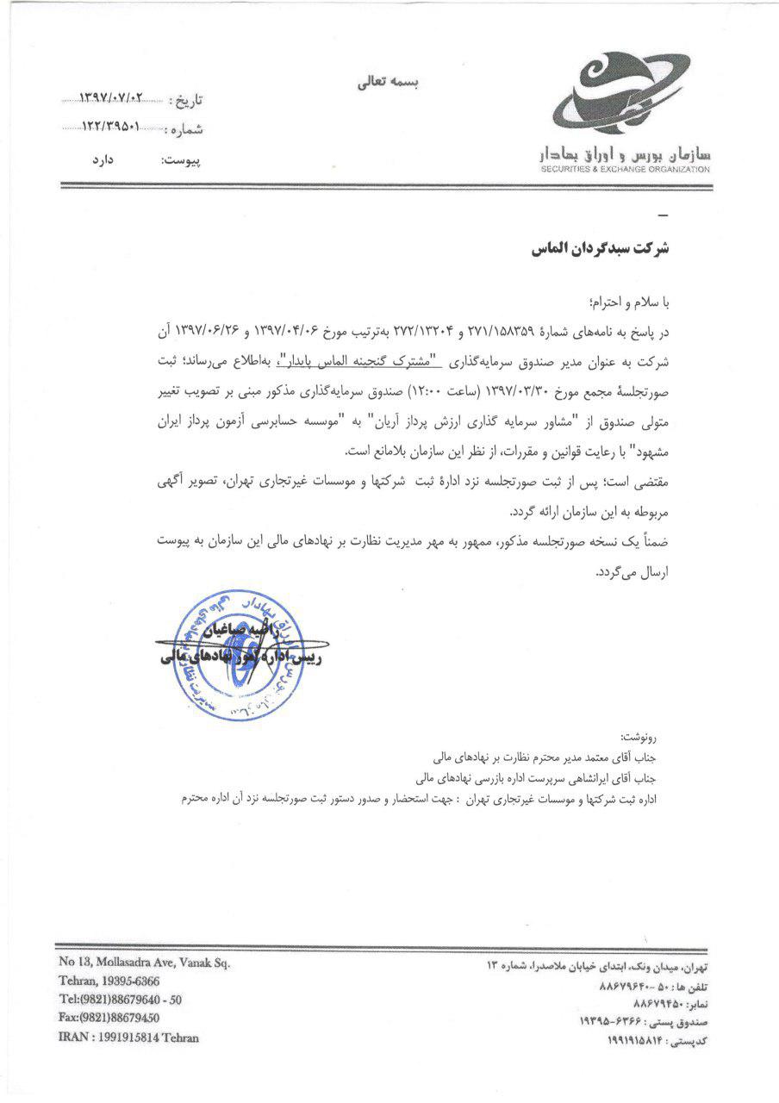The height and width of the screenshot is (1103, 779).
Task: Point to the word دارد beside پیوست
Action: click(104, 159)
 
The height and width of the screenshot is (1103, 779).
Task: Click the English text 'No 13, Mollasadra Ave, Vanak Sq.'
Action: click(144, 963)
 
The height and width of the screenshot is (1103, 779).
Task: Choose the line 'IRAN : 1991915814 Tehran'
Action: click(128, 1037)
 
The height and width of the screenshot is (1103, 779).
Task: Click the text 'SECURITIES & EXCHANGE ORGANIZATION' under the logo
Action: click(626, 170)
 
